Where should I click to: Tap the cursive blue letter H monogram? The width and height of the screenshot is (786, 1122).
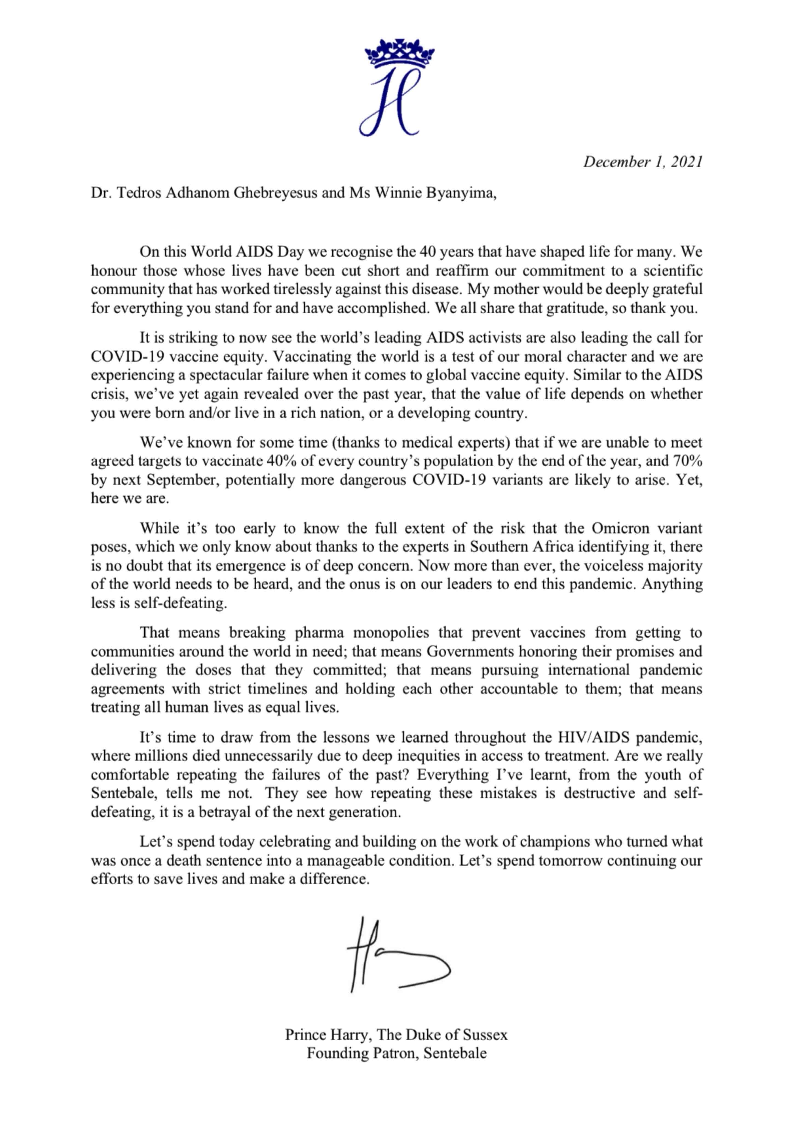[x=391, y=103]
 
